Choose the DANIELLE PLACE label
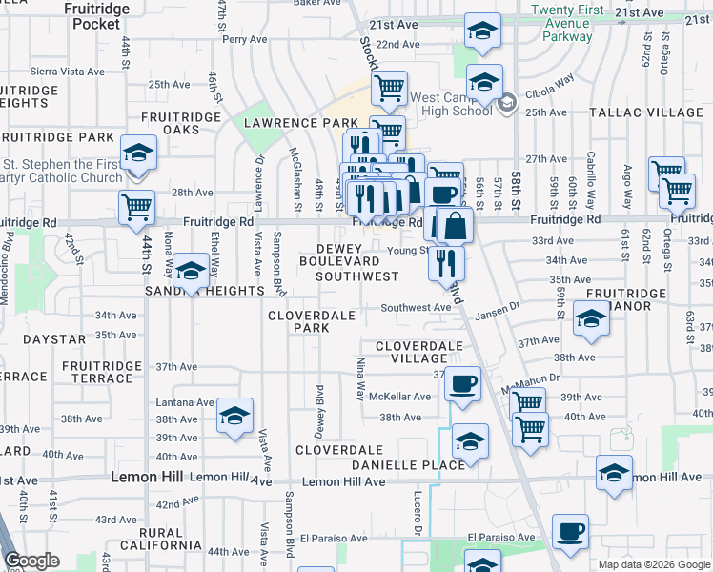click(x=407, y=464)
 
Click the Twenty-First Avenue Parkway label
click(x=568, y=23)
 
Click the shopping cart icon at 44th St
click(x=137, y=205)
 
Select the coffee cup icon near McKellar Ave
click(x=462, y=384)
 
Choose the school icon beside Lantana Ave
click(x=234, y=416)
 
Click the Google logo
click(x=32, y=561)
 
